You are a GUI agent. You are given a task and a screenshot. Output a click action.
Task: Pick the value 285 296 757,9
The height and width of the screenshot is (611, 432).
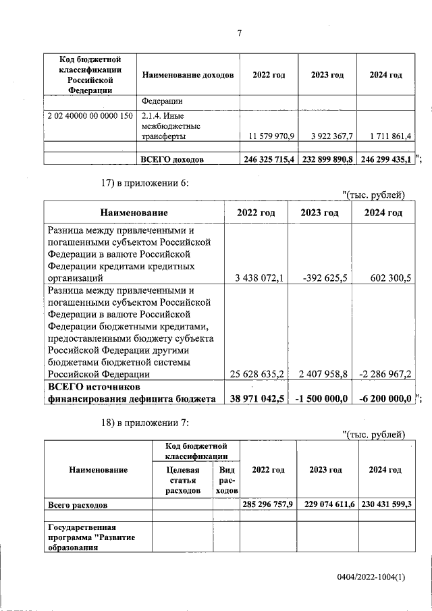(268, 504)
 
